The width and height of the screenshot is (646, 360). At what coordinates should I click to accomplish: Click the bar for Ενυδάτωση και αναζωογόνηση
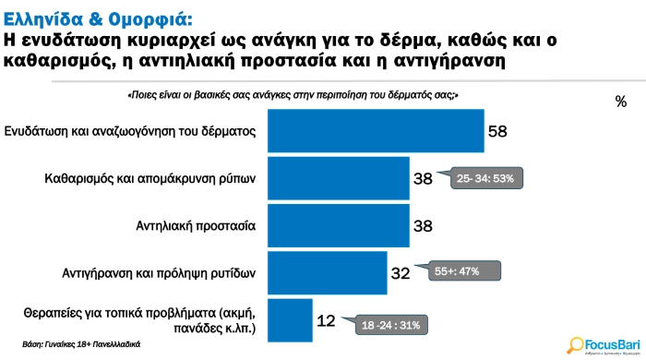(375, 131)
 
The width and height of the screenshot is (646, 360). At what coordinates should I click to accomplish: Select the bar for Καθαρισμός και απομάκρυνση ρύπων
(338, 177)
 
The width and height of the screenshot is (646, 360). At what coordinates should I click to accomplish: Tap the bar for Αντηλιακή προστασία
(338, 224)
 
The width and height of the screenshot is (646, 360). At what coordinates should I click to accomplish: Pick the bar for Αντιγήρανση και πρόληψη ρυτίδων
(327, 271)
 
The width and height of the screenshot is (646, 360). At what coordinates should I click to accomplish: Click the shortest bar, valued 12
(290, 319)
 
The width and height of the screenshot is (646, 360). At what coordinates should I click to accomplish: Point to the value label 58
(497, 132)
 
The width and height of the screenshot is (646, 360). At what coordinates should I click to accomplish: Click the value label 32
(401, 272)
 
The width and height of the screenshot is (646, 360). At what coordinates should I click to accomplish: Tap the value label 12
(326, 320)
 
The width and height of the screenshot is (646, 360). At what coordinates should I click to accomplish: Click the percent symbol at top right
(620, 101)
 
